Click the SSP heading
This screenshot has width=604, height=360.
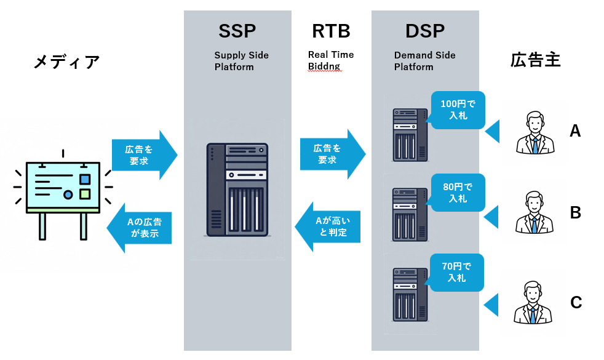pos(237,31)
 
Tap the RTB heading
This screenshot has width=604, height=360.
pos(331,31)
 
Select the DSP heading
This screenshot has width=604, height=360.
pos(424,31)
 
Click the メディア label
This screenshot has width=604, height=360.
pos(66,62)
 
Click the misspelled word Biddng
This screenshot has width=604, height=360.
pos(324,66)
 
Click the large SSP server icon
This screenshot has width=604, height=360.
pos(238,190)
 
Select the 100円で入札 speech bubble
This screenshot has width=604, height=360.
pos(458,110)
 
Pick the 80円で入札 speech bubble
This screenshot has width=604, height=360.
pos(458,193)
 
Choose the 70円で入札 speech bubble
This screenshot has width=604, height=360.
pos(457,272)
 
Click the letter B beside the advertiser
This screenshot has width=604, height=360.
pos(576,213)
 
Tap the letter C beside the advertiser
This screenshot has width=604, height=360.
pos(576,303)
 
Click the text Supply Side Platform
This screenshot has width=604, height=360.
pos(241,61)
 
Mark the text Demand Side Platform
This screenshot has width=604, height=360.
pos(424,61)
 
